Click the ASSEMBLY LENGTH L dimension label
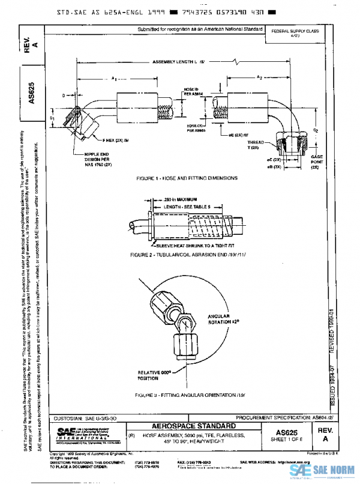(x=178, y=62)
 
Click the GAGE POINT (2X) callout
(x=317, y=161)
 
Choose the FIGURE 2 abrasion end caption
(x=188, y=255)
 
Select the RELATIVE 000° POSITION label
(x=154, y=375)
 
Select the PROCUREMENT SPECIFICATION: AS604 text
(x=284, y=417)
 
